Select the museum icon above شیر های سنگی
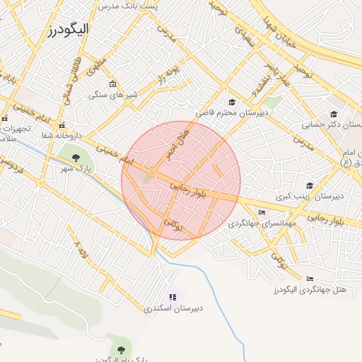[x=112, y=84]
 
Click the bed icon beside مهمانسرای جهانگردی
[x=262, y=212]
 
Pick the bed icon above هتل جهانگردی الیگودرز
[x=309, y=279]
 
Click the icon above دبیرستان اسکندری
[x=173, y=297]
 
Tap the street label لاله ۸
[x=81, y=249]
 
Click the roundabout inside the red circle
[x=151, y=173]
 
